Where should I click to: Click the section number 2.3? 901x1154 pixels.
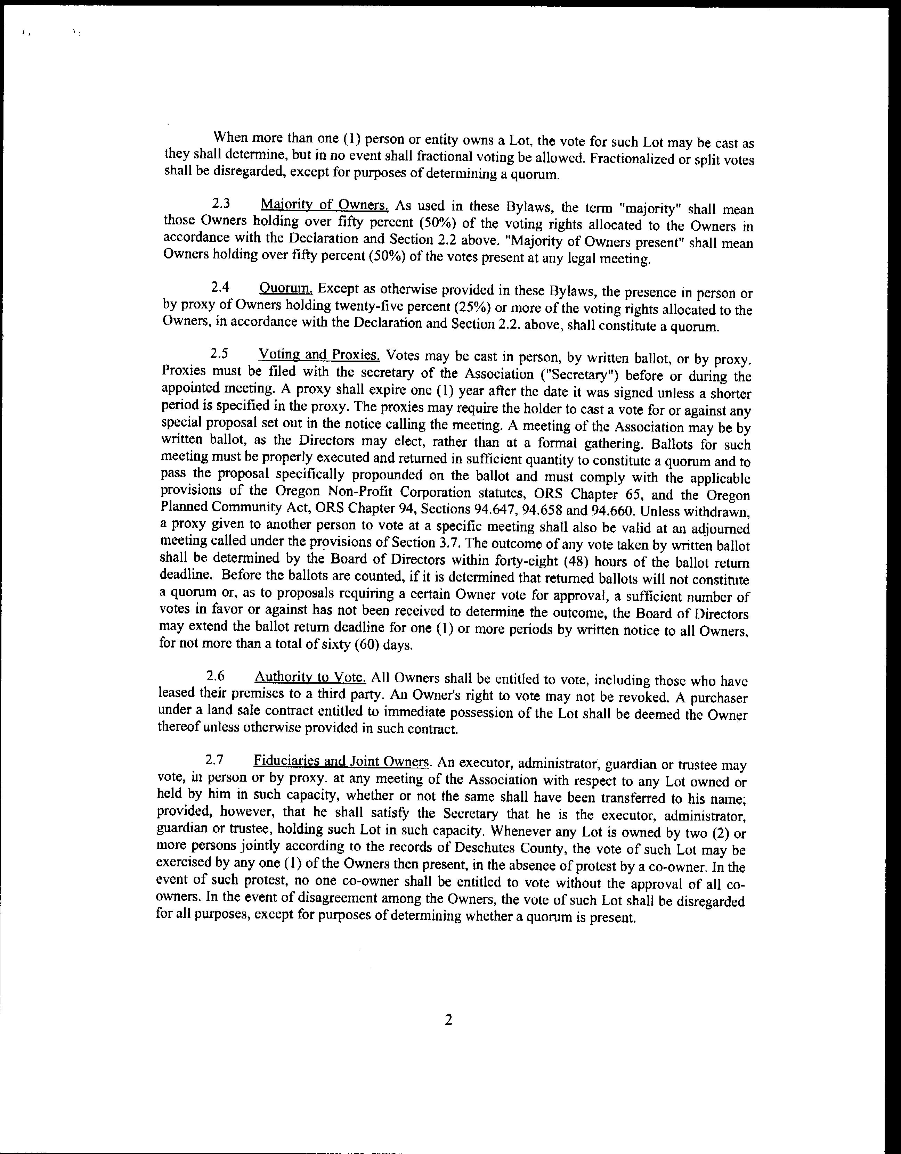pyautogui.click(x=220, y=204)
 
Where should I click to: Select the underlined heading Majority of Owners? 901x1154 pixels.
pyautogui.click(x=325, y=205)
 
